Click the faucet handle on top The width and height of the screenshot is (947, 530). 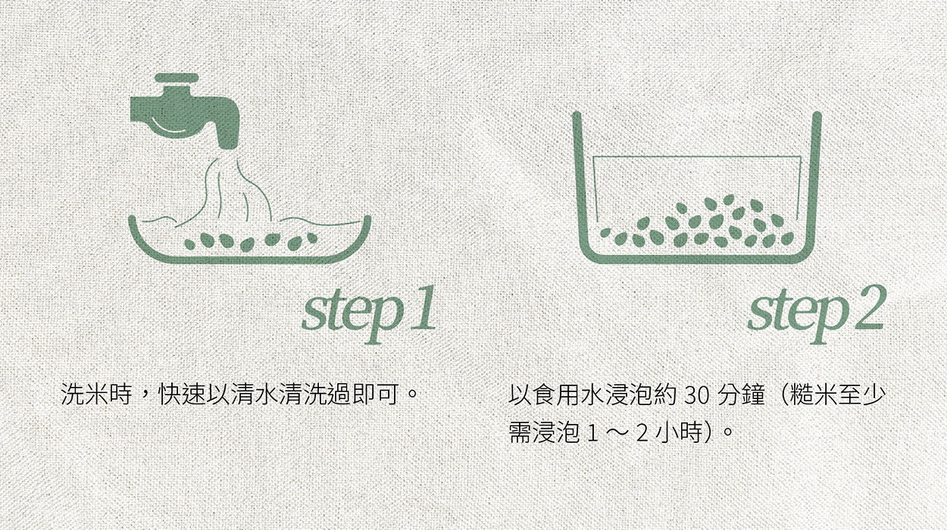point(177,78)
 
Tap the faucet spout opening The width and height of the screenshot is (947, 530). point(228,146)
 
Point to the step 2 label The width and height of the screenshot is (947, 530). point(817,313)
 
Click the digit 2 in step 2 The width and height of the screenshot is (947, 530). point(869,307)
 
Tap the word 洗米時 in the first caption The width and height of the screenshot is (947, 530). point(96,394)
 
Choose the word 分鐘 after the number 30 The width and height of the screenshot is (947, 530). point(742,394)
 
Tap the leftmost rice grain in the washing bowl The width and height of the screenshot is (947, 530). point(190,244)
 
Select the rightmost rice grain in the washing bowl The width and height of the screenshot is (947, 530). point(312,238)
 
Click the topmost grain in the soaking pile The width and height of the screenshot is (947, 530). point(728,199)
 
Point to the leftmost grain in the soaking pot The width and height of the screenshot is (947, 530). point(606,232)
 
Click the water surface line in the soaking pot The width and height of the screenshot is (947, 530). point(697,157)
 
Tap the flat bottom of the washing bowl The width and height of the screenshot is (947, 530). point(249,260)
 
